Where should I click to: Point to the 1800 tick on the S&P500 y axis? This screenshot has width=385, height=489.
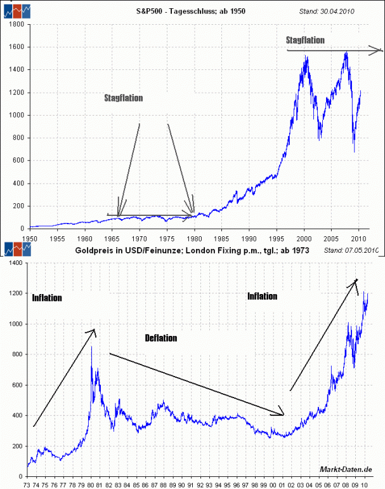16,25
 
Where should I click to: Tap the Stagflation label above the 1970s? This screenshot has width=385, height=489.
124,98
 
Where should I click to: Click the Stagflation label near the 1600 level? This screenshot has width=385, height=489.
305,40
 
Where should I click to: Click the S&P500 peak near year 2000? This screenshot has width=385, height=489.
306,57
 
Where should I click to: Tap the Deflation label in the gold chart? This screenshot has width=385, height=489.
160,338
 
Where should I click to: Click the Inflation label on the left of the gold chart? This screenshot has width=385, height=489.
47,297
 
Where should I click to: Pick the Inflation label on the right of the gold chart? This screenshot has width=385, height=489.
262,296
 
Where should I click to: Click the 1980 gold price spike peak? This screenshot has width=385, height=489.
91,347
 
